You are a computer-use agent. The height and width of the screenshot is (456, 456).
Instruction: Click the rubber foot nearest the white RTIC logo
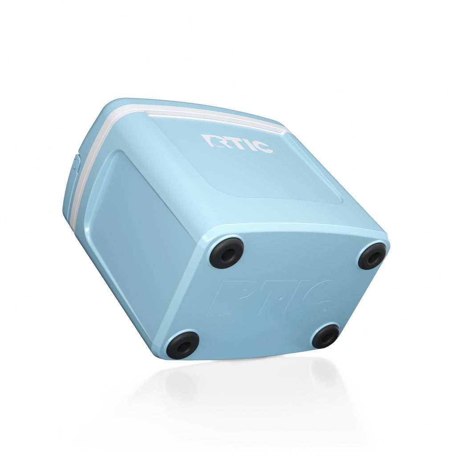(x=227, y=253)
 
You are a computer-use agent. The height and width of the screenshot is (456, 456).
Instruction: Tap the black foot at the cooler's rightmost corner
(x=372, y=256)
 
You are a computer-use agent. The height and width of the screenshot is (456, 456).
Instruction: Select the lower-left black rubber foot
(x=183, y=345)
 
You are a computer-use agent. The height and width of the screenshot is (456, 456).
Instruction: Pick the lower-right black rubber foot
(x=326, y=336)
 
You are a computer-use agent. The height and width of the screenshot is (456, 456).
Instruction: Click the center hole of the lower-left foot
(x=183, y=346)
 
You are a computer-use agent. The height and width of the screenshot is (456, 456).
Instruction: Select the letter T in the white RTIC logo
(x=231, y=142)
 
